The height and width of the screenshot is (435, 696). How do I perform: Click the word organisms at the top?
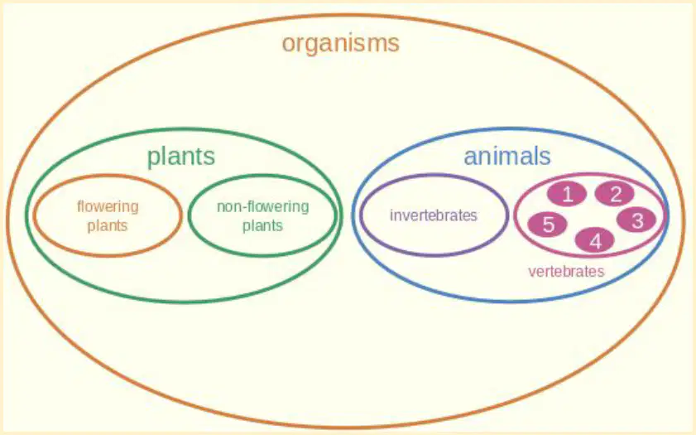point(341,44)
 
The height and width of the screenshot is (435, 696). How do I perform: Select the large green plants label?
point(181,157)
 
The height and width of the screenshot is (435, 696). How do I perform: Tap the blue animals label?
point(507,156)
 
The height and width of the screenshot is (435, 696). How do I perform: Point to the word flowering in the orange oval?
point(108,207)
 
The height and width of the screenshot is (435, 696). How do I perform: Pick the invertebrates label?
point(434,215)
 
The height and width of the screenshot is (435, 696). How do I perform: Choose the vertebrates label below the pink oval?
point(566,271)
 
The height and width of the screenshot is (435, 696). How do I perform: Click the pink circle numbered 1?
point(567,194)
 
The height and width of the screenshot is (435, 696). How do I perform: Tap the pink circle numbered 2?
point(615,194)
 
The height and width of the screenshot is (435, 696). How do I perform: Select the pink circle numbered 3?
point(637,220)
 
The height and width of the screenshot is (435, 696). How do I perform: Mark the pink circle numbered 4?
point(595,240)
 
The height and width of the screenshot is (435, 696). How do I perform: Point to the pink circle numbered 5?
point(548,224)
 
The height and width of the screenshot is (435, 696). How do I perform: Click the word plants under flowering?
point(108,225)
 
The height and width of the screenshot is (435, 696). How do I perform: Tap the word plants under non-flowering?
point(262,225)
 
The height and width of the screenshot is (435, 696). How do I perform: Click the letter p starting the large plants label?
point(154,159)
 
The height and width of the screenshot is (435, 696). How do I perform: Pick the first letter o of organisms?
point(289,45)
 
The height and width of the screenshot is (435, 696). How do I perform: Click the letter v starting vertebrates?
point(532,272)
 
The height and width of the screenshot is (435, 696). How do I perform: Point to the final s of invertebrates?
point(474,216)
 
